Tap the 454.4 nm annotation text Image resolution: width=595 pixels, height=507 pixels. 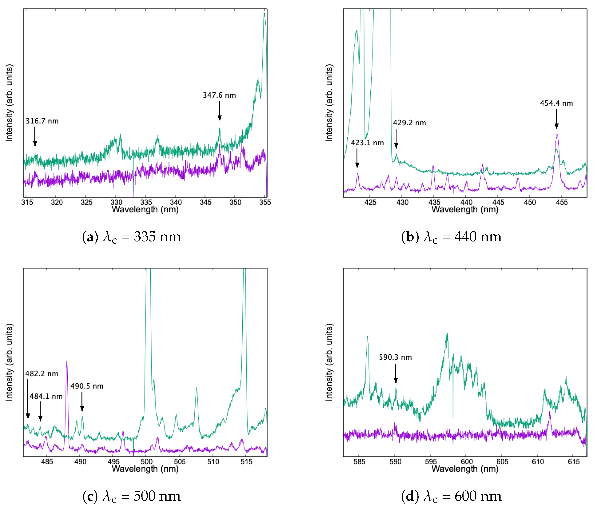(x=556, y=103)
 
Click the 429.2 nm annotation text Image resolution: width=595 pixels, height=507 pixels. (x=409, y=123)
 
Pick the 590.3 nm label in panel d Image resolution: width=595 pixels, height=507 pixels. (x=395, y=357)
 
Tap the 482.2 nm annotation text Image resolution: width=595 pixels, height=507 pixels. (x=42, y=374)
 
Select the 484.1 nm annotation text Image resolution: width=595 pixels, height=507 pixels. (x=46, y=396)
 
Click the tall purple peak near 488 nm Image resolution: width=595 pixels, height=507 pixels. (x=67, y=362)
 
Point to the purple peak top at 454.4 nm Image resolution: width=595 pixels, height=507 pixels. (x=557, y=134)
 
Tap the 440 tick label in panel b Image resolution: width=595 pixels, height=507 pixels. (x=466, y=202)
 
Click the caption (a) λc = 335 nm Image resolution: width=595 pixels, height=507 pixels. (x=131, y=237)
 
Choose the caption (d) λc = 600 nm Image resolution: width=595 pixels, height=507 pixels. (x=451, y=496)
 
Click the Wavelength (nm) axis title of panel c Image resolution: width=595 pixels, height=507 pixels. (x=145, y=469)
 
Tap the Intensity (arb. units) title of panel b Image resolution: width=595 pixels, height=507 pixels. (x=329, y=103)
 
